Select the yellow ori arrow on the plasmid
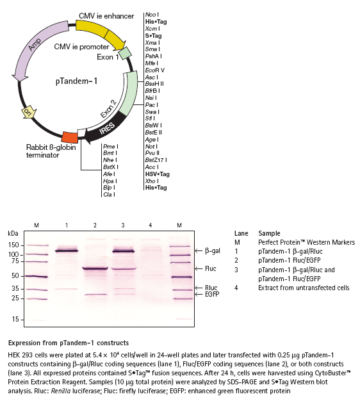(28, 111)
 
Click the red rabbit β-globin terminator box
(70, 137)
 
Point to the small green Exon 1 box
(126, 53)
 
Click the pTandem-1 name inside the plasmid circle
(76, 81)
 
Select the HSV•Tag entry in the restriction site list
(157, 174)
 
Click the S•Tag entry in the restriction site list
(153, 35)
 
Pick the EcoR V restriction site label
(155, 70)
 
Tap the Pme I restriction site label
(110, 146)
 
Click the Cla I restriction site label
(109, 195)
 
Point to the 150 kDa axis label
(13, 245)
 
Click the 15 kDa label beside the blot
(15, 319)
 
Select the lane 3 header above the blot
(123, 225)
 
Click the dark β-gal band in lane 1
(67, 251)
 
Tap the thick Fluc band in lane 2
(95, 268)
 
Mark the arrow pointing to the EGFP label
(199, 295)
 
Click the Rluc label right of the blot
(211, 288)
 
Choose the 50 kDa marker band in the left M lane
(37, 277)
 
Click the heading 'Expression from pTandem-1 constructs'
(69, 343)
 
